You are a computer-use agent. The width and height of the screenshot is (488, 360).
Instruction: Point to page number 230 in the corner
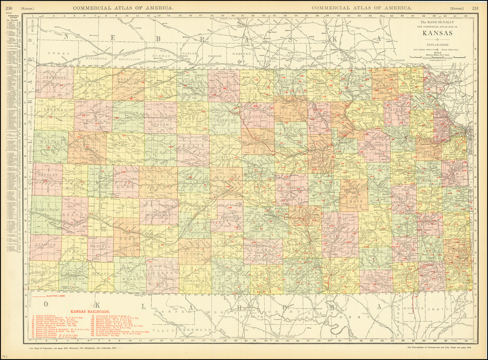click(9, 8)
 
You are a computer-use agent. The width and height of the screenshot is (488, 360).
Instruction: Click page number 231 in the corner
click(475, 8)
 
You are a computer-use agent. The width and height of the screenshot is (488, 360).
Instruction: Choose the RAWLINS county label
click(93, 85)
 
